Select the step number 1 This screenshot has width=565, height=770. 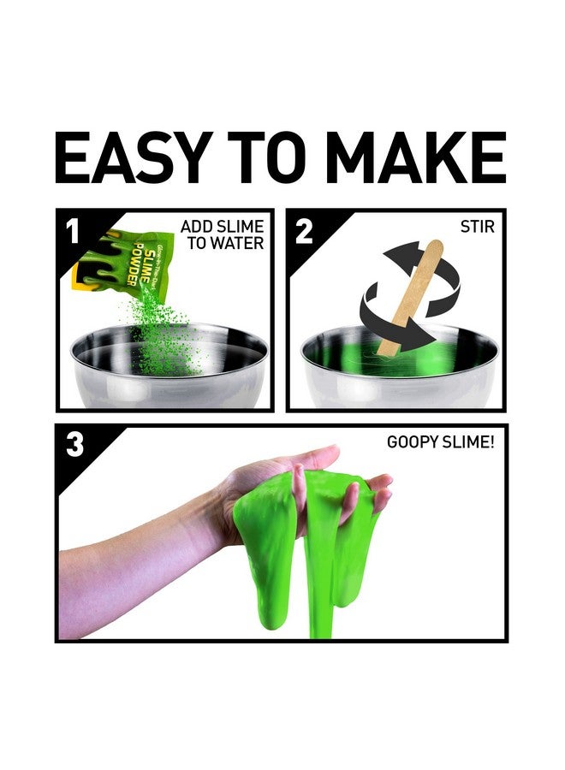72,230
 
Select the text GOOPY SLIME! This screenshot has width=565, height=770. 440,444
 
